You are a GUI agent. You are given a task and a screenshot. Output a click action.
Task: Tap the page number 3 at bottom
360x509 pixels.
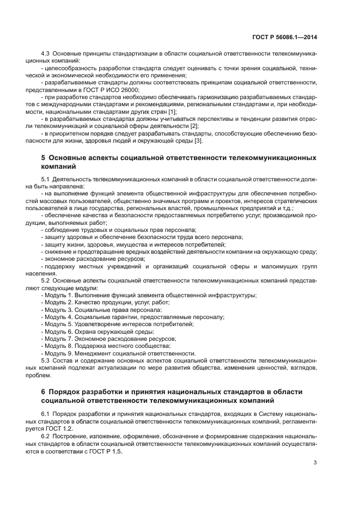click(315, 462)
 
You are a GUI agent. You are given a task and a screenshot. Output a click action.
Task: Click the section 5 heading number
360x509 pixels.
click(44, 158)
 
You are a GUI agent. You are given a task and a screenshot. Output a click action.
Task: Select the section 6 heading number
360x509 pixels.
click(44, 392)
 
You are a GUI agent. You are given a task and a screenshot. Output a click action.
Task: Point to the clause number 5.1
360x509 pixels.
click(46, 179)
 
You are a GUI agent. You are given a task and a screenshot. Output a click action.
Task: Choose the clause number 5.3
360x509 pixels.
click(46, 360)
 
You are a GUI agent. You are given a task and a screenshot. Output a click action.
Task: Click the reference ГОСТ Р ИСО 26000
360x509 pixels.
click(113, 89)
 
